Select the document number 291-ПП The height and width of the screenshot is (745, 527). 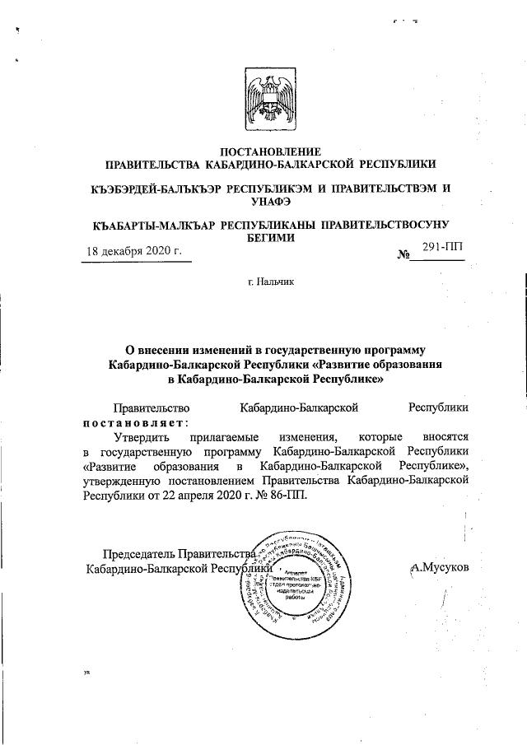coord(441,247)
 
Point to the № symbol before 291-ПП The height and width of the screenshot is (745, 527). coord(403,255)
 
